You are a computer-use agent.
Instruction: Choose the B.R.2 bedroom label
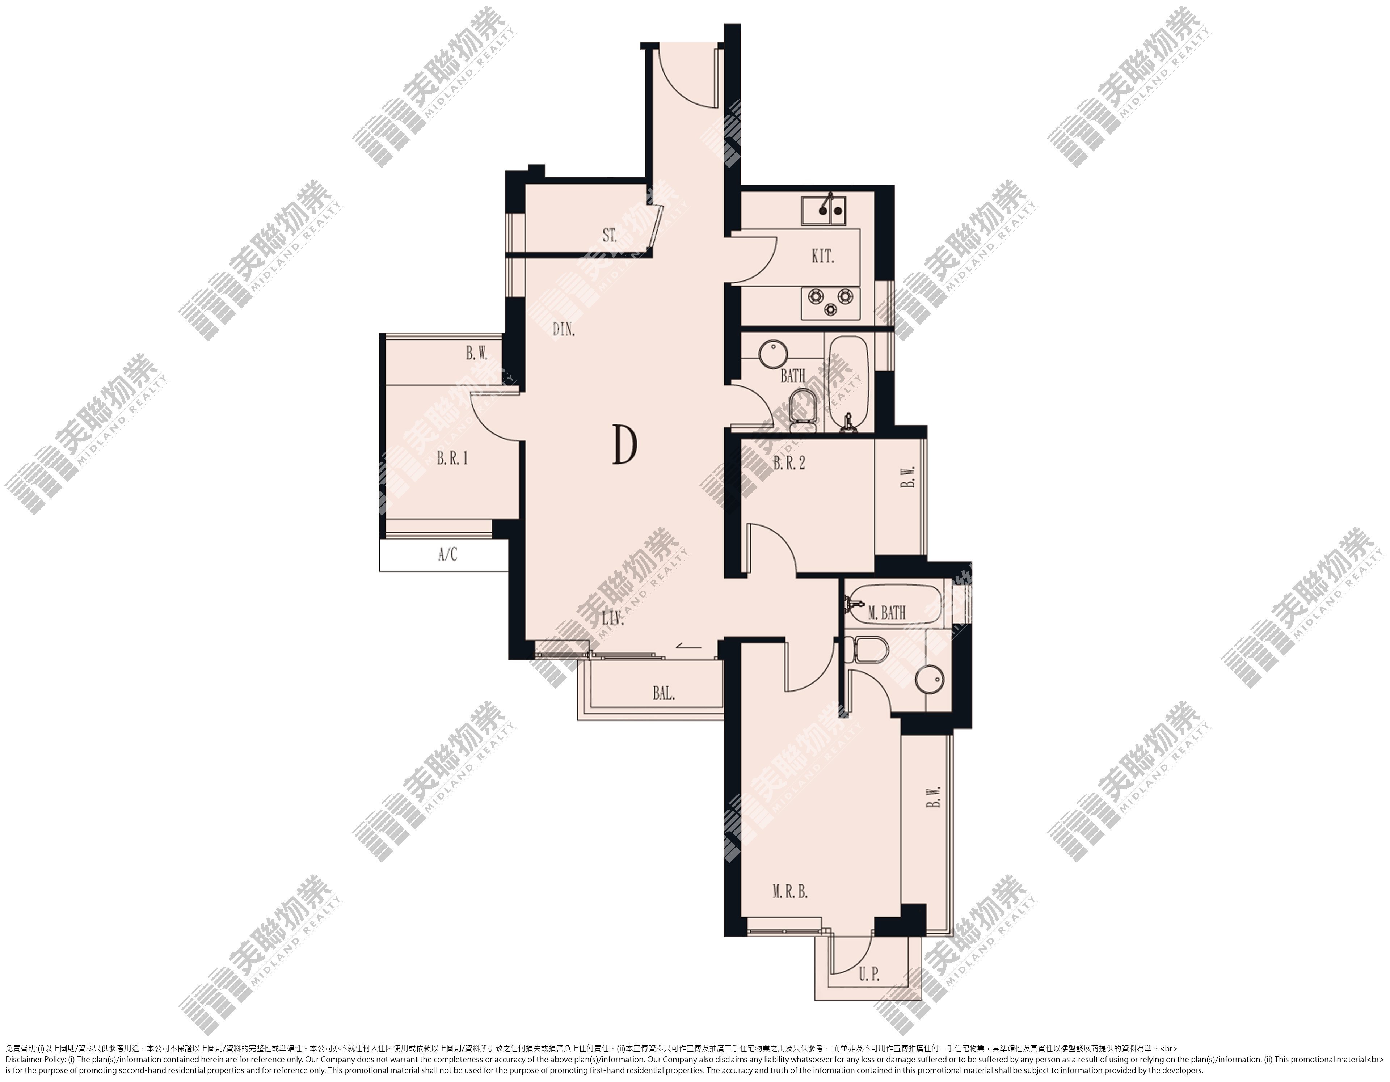pos(789,463)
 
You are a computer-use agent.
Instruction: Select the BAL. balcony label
pos(664,693)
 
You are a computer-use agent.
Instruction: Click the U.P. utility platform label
pos(869,974)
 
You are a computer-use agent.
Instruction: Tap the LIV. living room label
pos(612,619)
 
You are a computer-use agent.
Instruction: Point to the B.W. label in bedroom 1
pos(477,354)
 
